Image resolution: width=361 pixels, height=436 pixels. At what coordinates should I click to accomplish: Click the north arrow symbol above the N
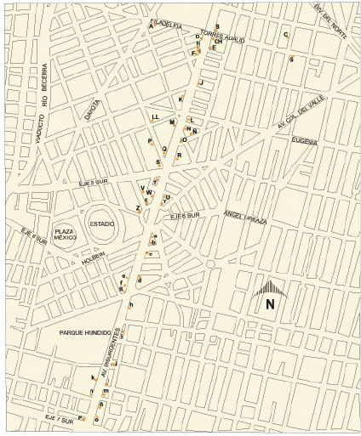pyautogui.click(x=270, y=289)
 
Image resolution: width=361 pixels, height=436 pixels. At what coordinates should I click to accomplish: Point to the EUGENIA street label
pyautogui.click(x=304, y=141)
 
